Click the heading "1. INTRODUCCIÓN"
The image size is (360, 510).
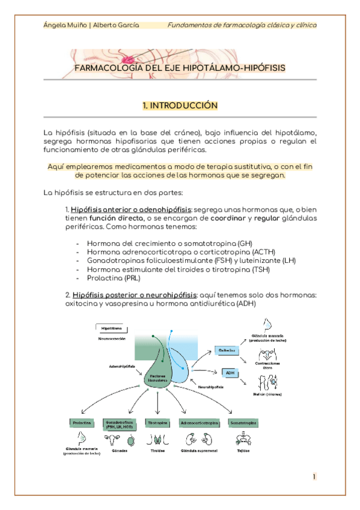(x=180, y=105)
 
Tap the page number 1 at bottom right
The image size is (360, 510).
(x=314, y=477)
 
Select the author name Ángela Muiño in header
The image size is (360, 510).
(x=64, y=25)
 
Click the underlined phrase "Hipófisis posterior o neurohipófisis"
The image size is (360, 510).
(x=132, y=295)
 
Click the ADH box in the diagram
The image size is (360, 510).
(x=230, y=373)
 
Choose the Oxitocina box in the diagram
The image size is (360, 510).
(x=226, y=349)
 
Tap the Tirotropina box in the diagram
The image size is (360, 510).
(x=157, y=423)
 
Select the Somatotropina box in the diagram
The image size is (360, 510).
(x=242, y=423)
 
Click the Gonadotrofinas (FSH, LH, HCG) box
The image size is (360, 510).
(x=118, y=425)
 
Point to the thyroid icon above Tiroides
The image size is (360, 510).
(x=157, y=440)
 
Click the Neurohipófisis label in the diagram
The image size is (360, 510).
(x=203, y=386)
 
